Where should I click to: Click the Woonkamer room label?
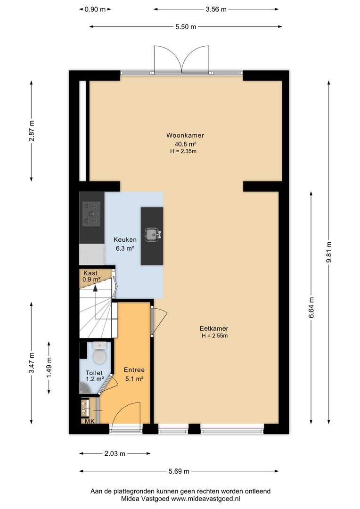pyautogui.click(x=185, y=135)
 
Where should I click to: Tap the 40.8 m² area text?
pyautogui.click(x=185, y=144)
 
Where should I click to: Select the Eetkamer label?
pyautogui.click(x=214, y=328)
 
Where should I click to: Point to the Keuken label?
pyautogui.click(x=125, y=240)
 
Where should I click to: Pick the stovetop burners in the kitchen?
pyautogui.click(x=91, y=213)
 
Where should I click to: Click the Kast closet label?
pyautogui.click(x=90, y=273)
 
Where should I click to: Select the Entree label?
pyautogui.click(x=134, y=370)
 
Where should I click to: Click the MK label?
pyautogui.click(x=89, y=421)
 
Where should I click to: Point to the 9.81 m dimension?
pyautogui.click(x=329, y=252)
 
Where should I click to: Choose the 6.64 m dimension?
pyautogui.click(x=311, y=307)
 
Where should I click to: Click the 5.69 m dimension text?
pyautogui.click(x=179, y=471)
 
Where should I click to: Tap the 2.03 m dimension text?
pyautogui.click(x=115, y=453)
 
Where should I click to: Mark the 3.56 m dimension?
pyautogui.click(x=216, y=9)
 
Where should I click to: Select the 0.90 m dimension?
pyautogui.click(x=95, y=9)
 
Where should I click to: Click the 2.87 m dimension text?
pyautogui.click(x=32, y=131)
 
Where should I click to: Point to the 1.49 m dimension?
pyautogui.click(x=49, y=368)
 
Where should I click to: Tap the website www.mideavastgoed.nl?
pyautogui.click(x=206, y=499)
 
